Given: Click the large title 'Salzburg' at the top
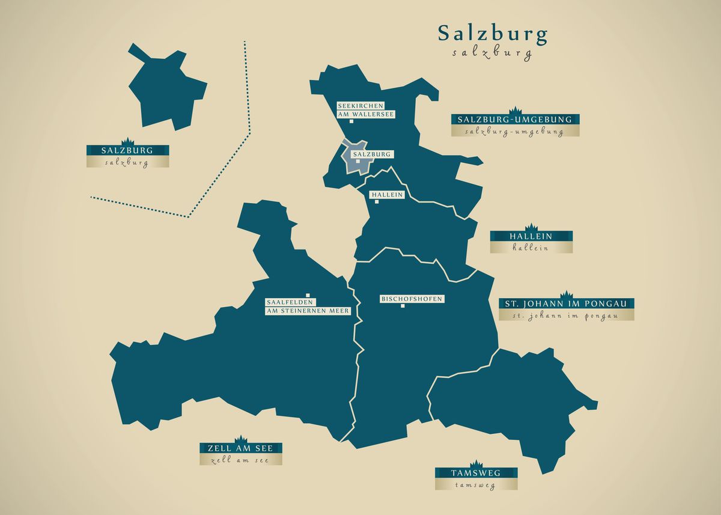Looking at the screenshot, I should (x=492, y=34).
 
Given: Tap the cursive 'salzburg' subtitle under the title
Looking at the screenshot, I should (x=492, y=53).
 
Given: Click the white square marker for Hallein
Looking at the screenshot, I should (x=377, y=202).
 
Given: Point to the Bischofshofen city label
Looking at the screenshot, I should (x=412, y=299).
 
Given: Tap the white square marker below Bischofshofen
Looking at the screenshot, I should (x=403, y=306).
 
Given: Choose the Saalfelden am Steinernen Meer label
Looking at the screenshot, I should (x=308, y=306).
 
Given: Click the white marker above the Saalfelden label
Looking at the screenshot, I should (x=307, y=295).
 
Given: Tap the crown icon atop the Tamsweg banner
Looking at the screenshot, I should (x=476, y=463).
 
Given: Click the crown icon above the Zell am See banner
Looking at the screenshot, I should (x=240, y=439).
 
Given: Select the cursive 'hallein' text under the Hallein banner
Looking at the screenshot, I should (x=531, y=248).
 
